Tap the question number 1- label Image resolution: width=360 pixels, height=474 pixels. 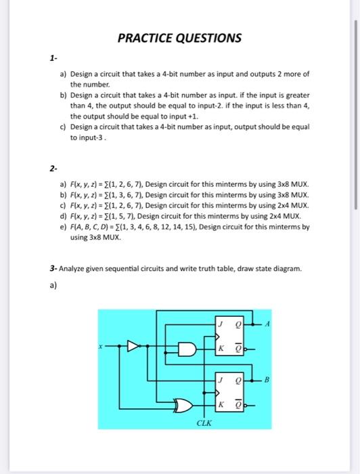pyautogui.click(x=53, y=59)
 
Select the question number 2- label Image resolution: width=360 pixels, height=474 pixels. pyautogui.click(x=53, y=166)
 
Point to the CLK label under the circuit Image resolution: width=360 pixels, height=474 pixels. pyautogui.click(x=204, y=423)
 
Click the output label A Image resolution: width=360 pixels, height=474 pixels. pyautogui.click(x=267, y=323)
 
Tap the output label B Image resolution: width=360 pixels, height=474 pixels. pyautogui.click(x=267, y=379)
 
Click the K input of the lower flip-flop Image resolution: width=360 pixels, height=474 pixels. pyautogui.click(x=220, y=405)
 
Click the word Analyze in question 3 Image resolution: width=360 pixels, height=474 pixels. pyautogui.click(x=73, y=269)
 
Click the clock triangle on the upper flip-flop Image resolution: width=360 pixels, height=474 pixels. pyautogui.click(x=218, y=337)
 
